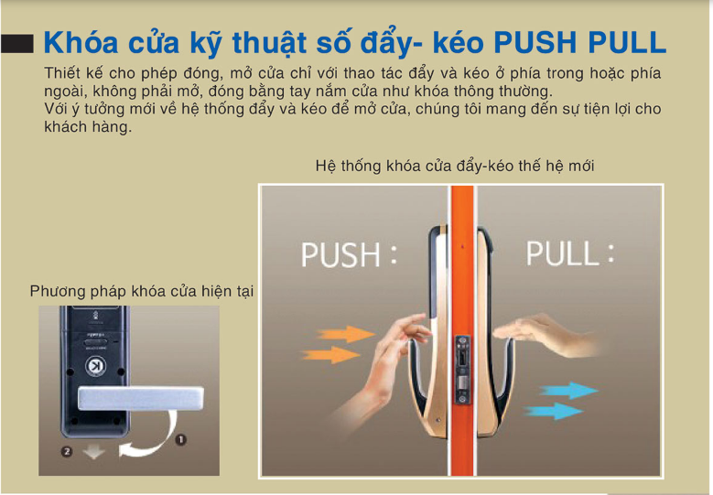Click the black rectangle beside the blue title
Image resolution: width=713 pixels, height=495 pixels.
point(16,44)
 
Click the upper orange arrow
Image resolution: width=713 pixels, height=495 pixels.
point(347,334)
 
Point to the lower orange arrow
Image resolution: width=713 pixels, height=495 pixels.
point(331,354)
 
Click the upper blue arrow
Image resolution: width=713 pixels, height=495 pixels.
point(568,391)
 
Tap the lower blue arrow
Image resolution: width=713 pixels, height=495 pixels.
point(554,411)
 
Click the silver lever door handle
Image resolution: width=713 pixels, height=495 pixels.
point(141,398)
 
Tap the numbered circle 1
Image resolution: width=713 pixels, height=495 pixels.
point(180,439)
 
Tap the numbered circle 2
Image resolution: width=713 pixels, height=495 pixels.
point(67,451)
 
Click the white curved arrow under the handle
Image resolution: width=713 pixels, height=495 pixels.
point(150,438)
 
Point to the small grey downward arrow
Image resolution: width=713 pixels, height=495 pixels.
point(93,452)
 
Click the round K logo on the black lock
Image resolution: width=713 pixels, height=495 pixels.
point(95,366)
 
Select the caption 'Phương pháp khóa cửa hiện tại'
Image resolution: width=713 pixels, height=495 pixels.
point(142,291)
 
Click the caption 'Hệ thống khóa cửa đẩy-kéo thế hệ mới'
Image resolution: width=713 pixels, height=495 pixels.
point(455,166)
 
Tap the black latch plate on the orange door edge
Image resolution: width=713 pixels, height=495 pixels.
point(462,370)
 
